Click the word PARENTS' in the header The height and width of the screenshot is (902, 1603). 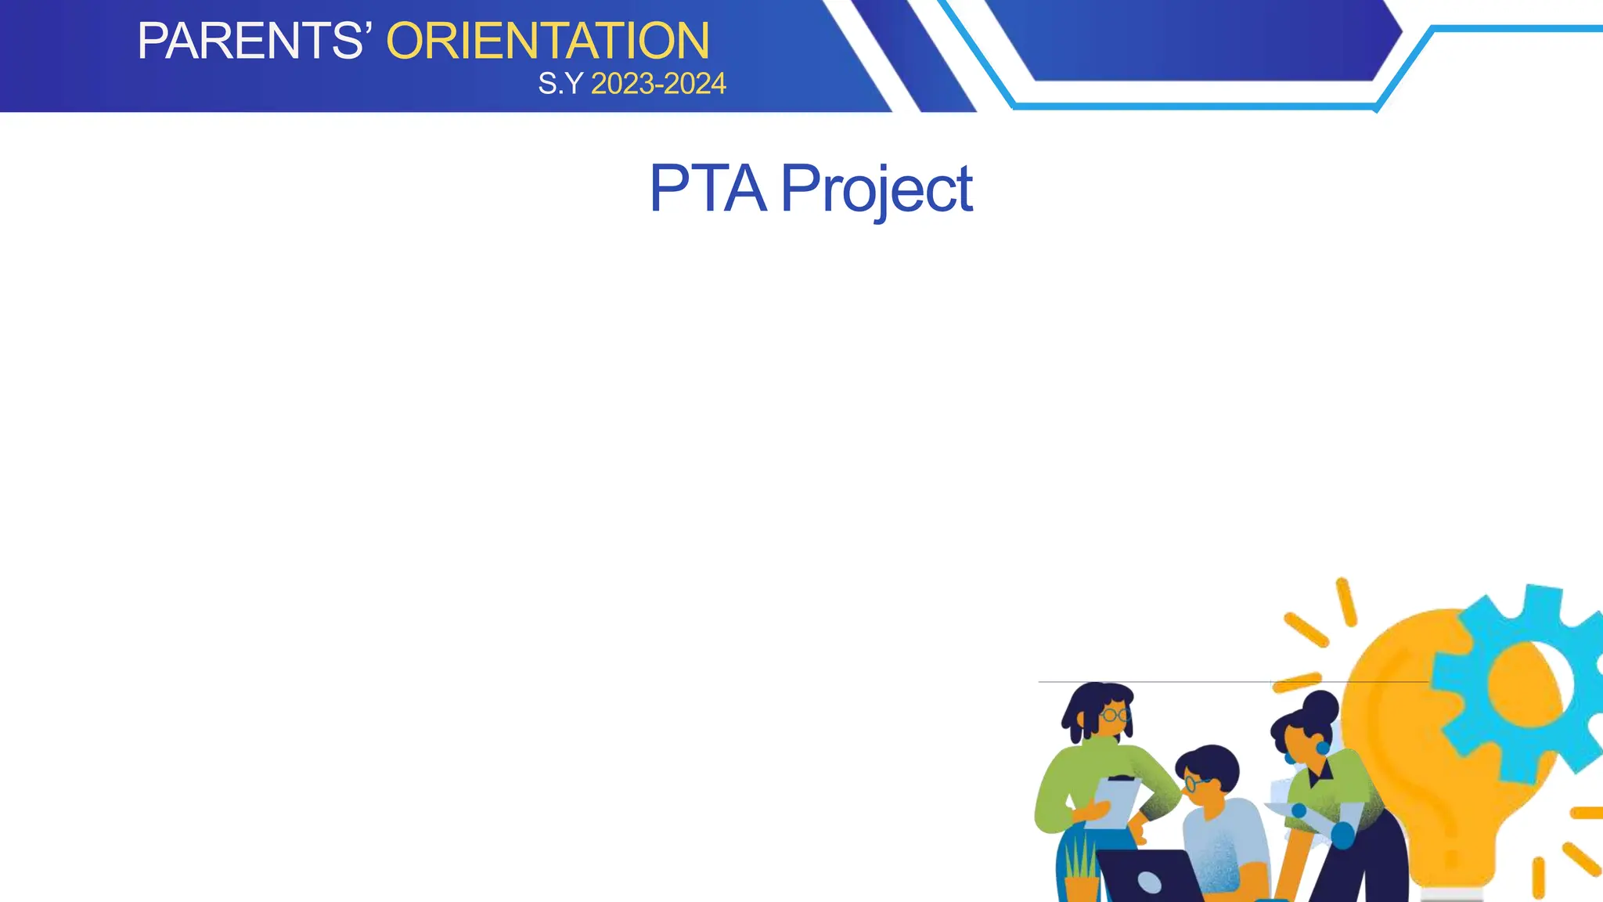pyautogui.click(x=250, y=41)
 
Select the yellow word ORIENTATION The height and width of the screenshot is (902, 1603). pyautogui.click(x=548, y=41)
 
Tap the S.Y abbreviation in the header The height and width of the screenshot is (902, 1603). pyautogui.click(x=560, y=84)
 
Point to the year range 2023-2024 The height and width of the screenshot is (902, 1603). pyautogui.click(x=658, y=84)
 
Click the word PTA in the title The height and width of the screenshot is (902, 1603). pyautogui.click(x=707, y=189)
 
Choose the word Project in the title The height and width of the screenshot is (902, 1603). pyautogui.click(x=877, y=190)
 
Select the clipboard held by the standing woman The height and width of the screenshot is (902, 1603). pyautogui.click(x=1113, y=803)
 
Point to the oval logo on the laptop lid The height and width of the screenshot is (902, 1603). pyautogui.click(x=1149, y=882)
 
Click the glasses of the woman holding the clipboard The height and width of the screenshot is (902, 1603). pyautogui.click(x=1114, y=715)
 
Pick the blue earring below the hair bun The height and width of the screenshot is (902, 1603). pyautogui.click(x=1323, y=748)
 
